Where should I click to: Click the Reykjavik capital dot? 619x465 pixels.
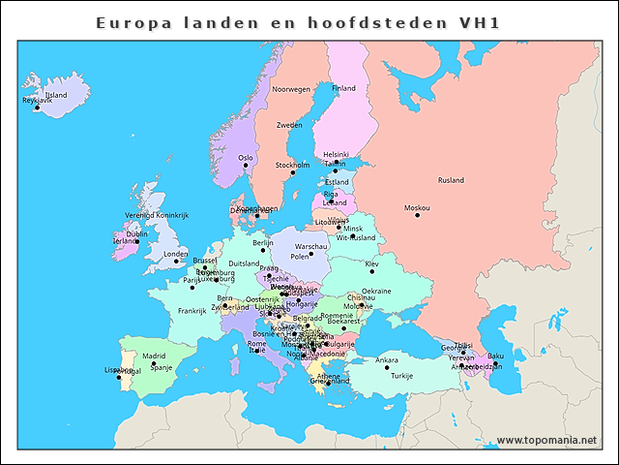point(37,108)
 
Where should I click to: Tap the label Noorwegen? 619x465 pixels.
point(291,89)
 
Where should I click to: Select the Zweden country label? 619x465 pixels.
point(289,125)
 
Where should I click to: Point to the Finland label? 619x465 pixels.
point(343,88)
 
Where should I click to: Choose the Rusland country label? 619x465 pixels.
point(451,180)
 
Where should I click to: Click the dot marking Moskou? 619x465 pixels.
point(418,215)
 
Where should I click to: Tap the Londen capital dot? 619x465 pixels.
point(176,262)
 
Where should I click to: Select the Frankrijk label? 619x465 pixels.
point(192,311)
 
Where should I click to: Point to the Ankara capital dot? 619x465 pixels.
point(387,368)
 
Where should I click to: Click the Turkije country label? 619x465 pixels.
point(401,376)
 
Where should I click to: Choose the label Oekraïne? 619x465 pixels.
point(376,292)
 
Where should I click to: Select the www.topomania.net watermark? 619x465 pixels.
point(547,440)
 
